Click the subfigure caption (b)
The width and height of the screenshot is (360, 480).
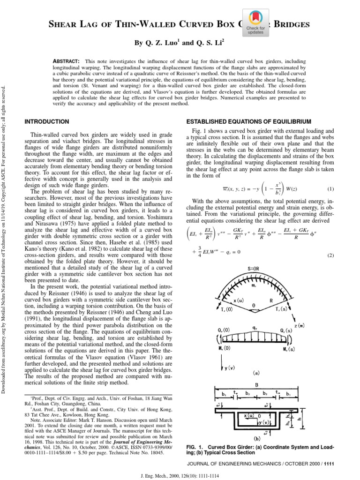(x=256, y=440)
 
